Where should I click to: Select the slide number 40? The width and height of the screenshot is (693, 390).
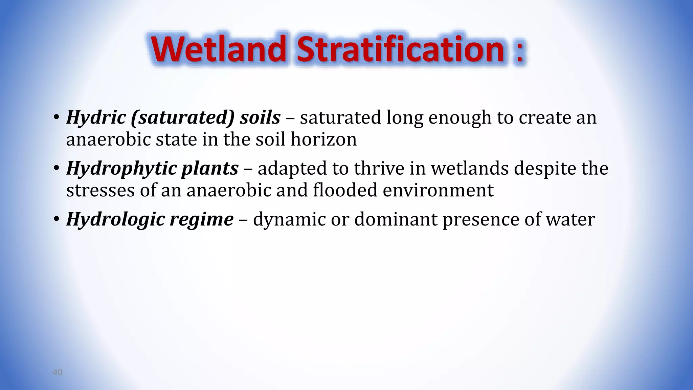tap(58, 372)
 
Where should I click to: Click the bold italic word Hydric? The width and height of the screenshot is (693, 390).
tap(96, 118)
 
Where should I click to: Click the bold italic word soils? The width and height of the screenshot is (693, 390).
tap(260, 117)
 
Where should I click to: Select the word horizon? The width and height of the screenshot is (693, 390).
tap(324, 139)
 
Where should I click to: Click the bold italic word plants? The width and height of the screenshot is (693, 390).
tap(210, 169)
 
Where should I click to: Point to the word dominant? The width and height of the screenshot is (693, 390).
tap(396, 219)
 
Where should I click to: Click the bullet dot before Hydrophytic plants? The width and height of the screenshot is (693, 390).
tap(56, 168)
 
